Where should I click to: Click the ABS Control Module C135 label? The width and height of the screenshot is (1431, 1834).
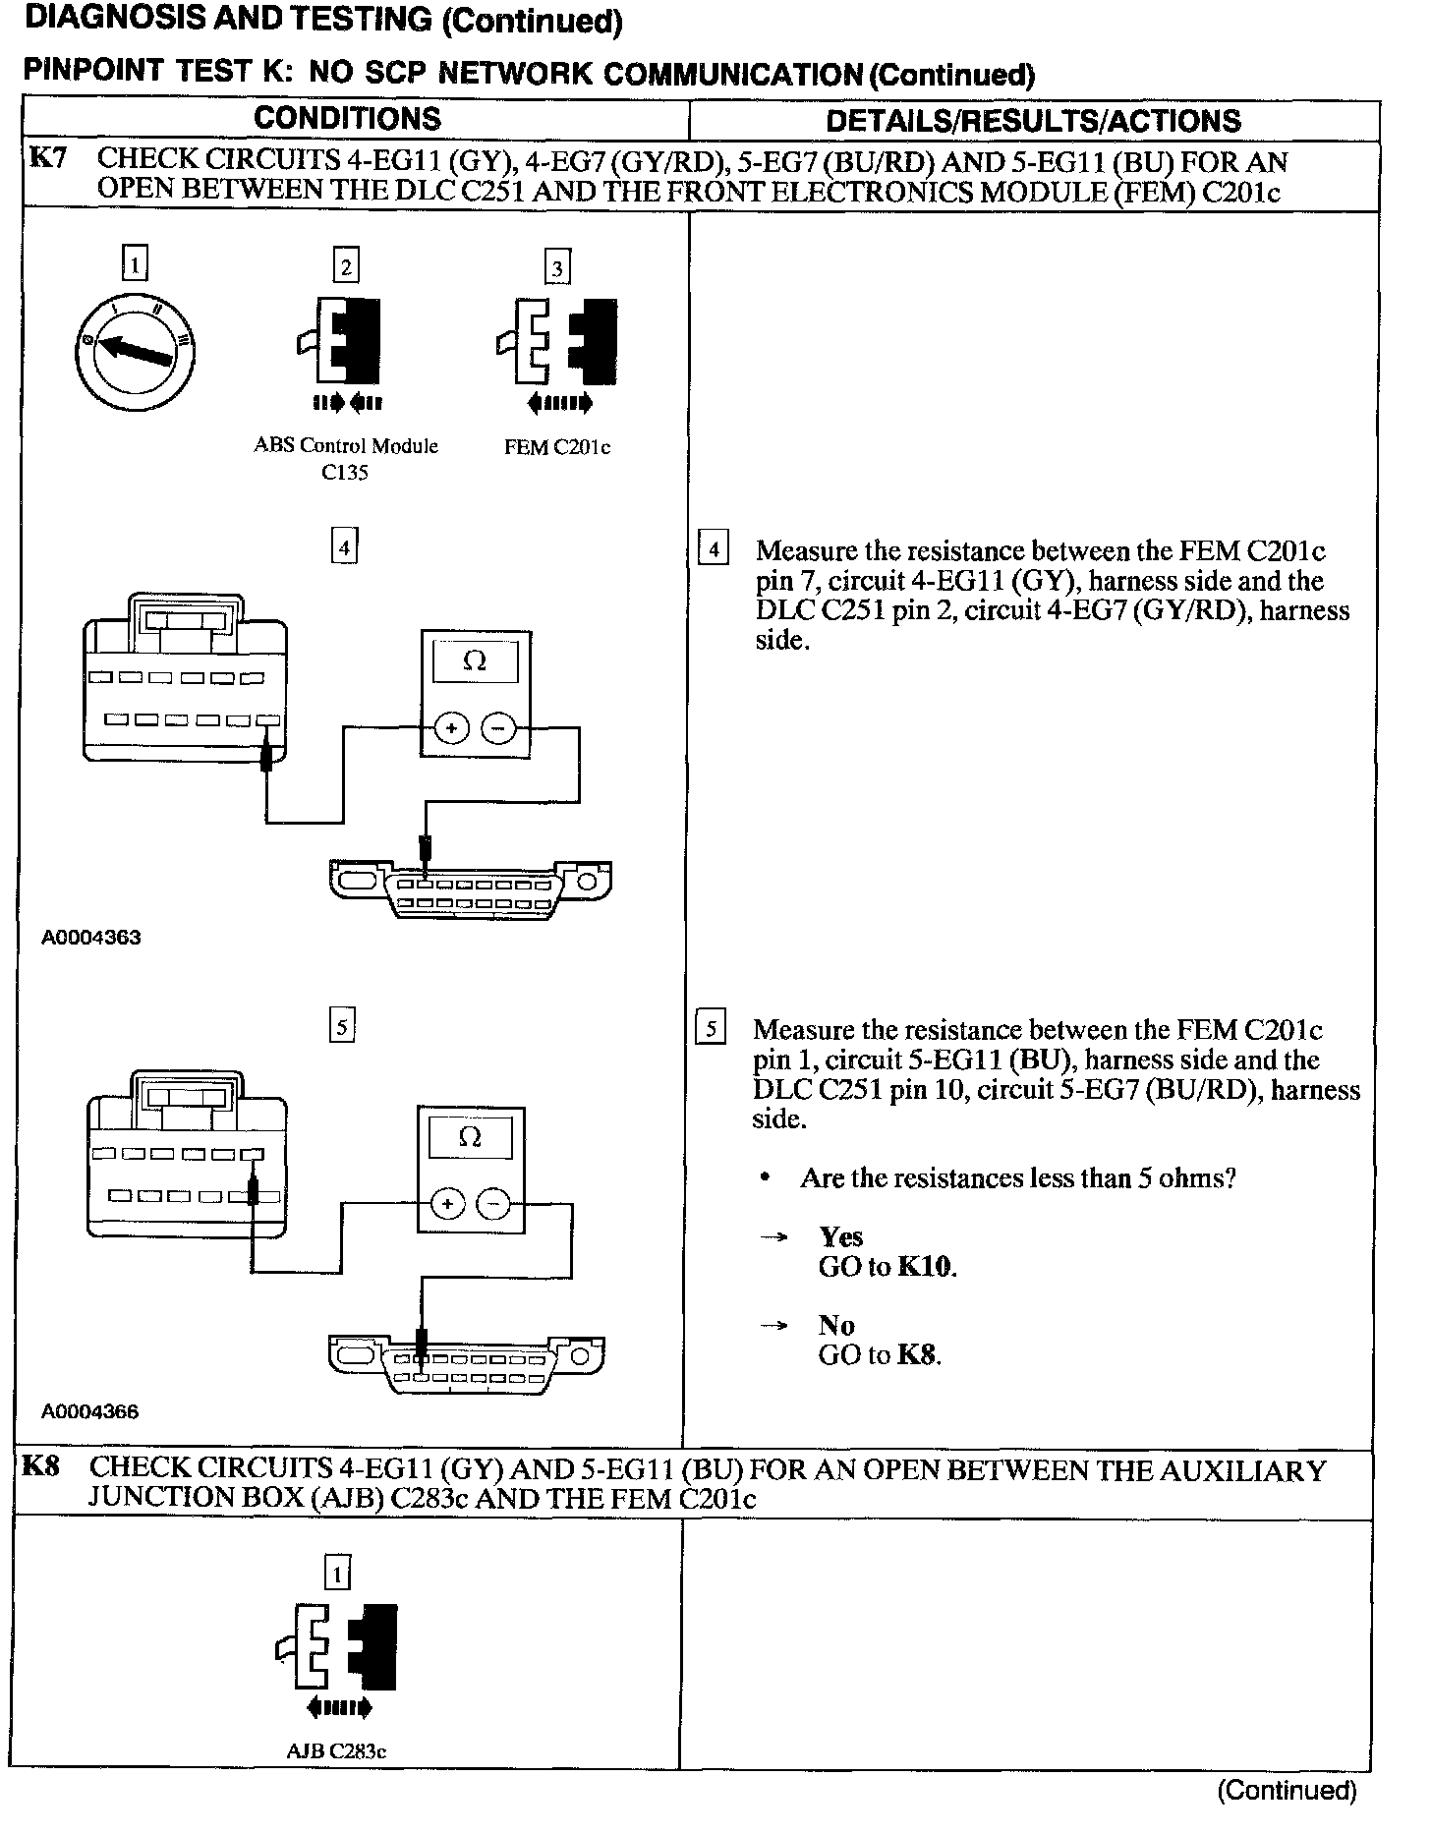(x=346, y=458)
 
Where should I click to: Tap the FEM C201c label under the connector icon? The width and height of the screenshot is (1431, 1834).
(x=557, y=447)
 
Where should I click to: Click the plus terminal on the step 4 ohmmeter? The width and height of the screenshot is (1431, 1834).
(x=451, y=728)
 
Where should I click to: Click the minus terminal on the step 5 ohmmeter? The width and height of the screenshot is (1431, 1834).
(x=494, y=1204)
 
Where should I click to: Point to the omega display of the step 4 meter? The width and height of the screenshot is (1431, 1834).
(x=475, y=662)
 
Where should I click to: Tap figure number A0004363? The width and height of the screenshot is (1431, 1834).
(x=91, y=938)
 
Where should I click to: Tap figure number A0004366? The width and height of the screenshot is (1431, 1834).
(x=90, y=1412)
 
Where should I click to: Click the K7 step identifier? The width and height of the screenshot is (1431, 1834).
(x=47, y=158)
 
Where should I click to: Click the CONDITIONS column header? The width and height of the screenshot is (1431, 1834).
(x=347, y=119)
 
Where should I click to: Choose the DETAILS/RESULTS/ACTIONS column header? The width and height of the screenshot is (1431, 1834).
(x=1033, y=121)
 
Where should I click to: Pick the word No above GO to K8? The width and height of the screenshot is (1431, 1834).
(x=836, y=1326)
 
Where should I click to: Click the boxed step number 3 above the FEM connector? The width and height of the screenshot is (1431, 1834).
(x=557, y=268)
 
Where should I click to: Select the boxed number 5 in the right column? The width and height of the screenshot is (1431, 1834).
(x=710, y=1029)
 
